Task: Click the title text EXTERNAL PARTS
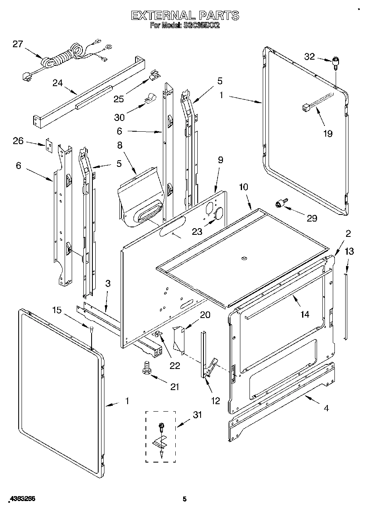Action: [x=185, y=16]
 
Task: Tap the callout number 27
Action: [x=17, y=44]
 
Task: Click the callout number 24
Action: [x=58, y=83]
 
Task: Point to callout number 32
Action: [x=310, y=57]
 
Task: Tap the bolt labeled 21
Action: [x=146, y=367]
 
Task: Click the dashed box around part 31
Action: [x=160, y=436]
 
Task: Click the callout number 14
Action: [x=305, y=314]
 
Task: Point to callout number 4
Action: [x=326, y=408]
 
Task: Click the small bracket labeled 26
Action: [x=50, y=145]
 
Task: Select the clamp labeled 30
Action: [x=147, y=99]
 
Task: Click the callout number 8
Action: [x=119, y=145]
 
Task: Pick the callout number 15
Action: [x=57, y=310]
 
